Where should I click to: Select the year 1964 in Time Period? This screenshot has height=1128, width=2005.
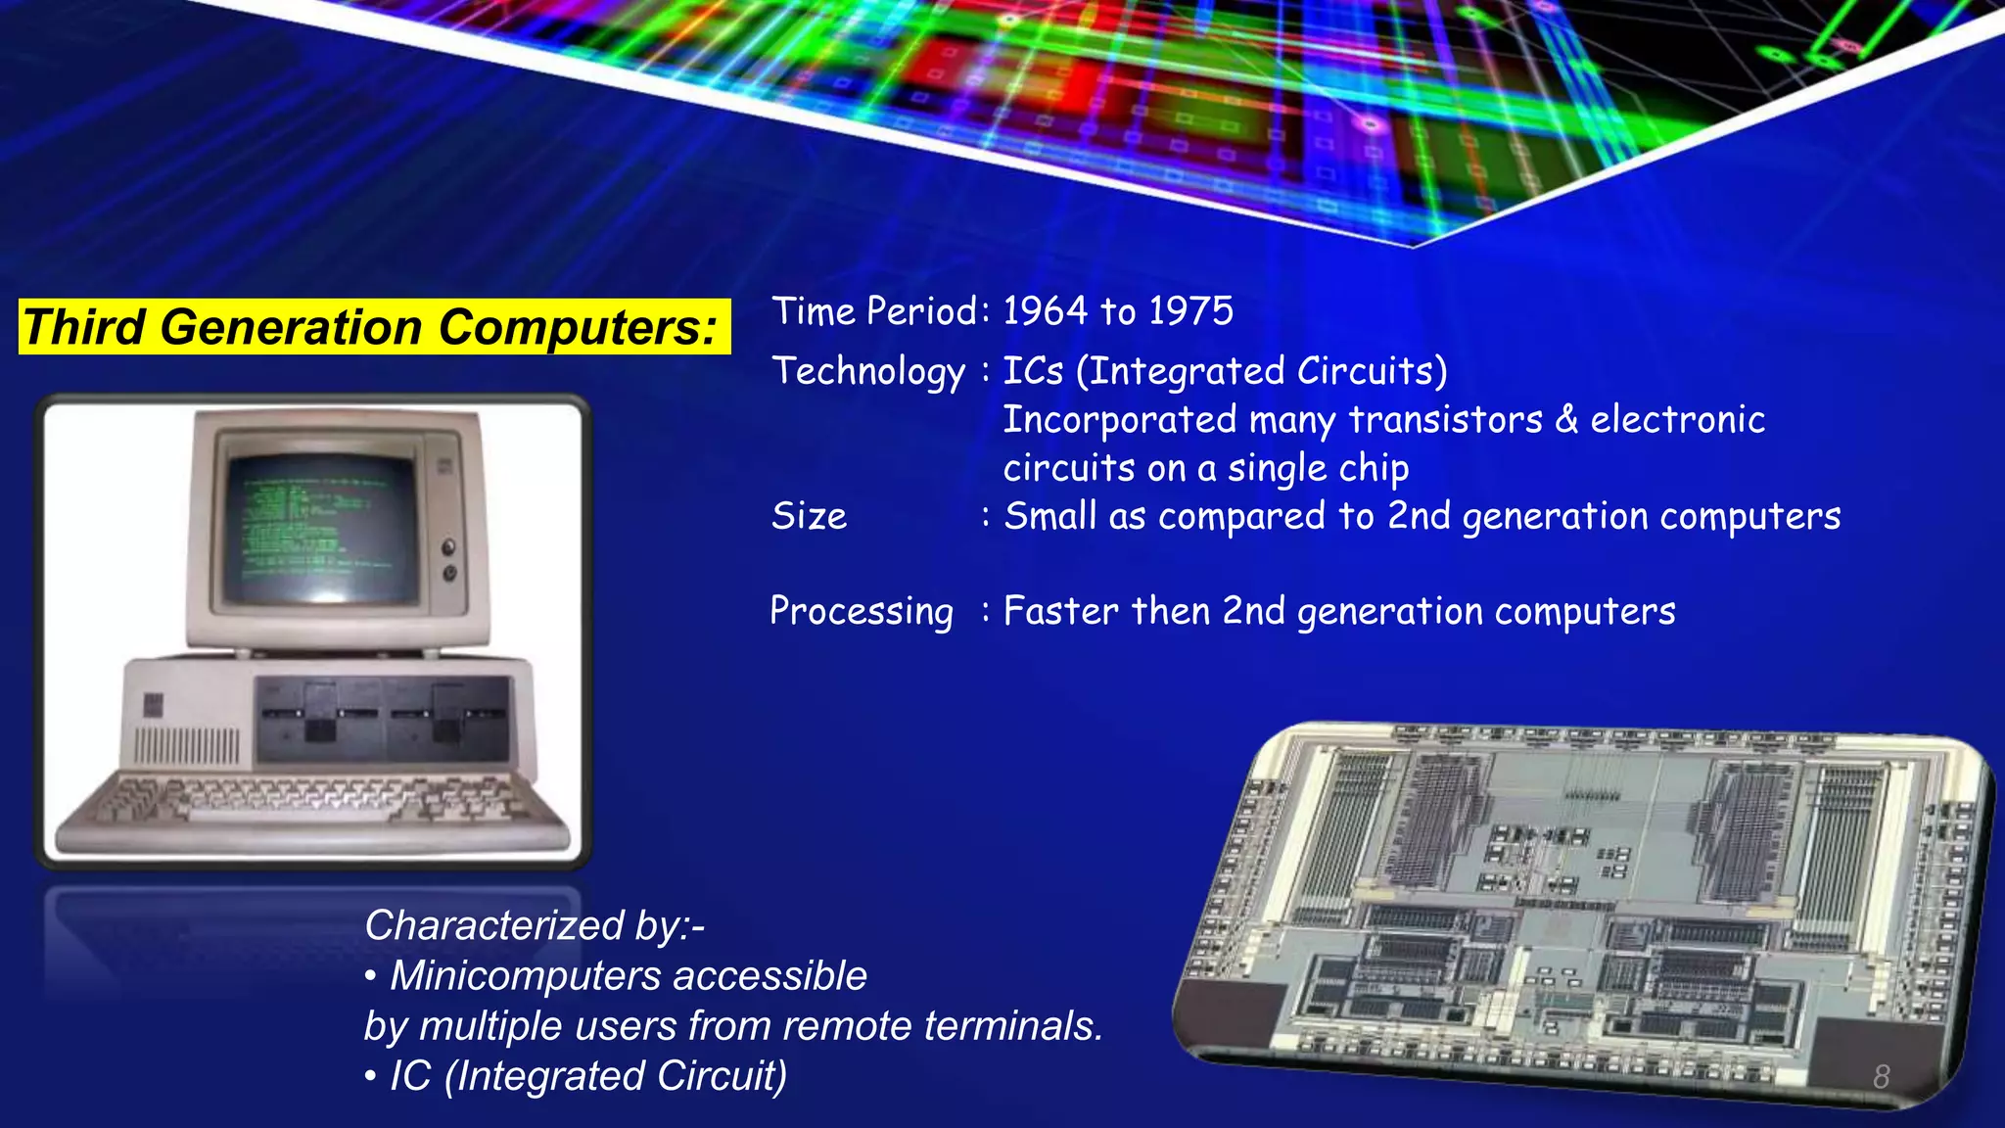pyautogui.click(x=1045, y=311)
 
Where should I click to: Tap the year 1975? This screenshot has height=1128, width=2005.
pyautogui.click(x=1190, y=311)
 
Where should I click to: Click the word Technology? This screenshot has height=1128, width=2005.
pyautogui.click(x=867, y=372)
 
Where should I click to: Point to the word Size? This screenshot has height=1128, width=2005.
pyautogui.click(x=809, y=516)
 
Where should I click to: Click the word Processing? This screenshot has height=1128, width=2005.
pyautogui.click(x=861, y=611)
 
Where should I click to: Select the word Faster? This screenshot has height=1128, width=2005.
pyautogui.click(x=1060, y=611)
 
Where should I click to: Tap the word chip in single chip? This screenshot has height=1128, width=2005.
pyautogui.click(x=1374, y=468)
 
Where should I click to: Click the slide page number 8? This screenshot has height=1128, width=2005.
pyautogui.click(x=1881, y=1076)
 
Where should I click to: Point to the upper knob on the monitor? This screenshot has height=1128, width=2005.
pyautogui.click(x=449, y=546)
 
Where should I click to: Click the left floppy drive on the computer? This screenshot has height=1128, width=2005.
pyautogui.click(x=318, y=720)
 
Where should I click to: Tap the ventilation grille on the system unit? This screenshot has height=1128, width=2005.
pyautogui.click(x=186, y=746)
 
